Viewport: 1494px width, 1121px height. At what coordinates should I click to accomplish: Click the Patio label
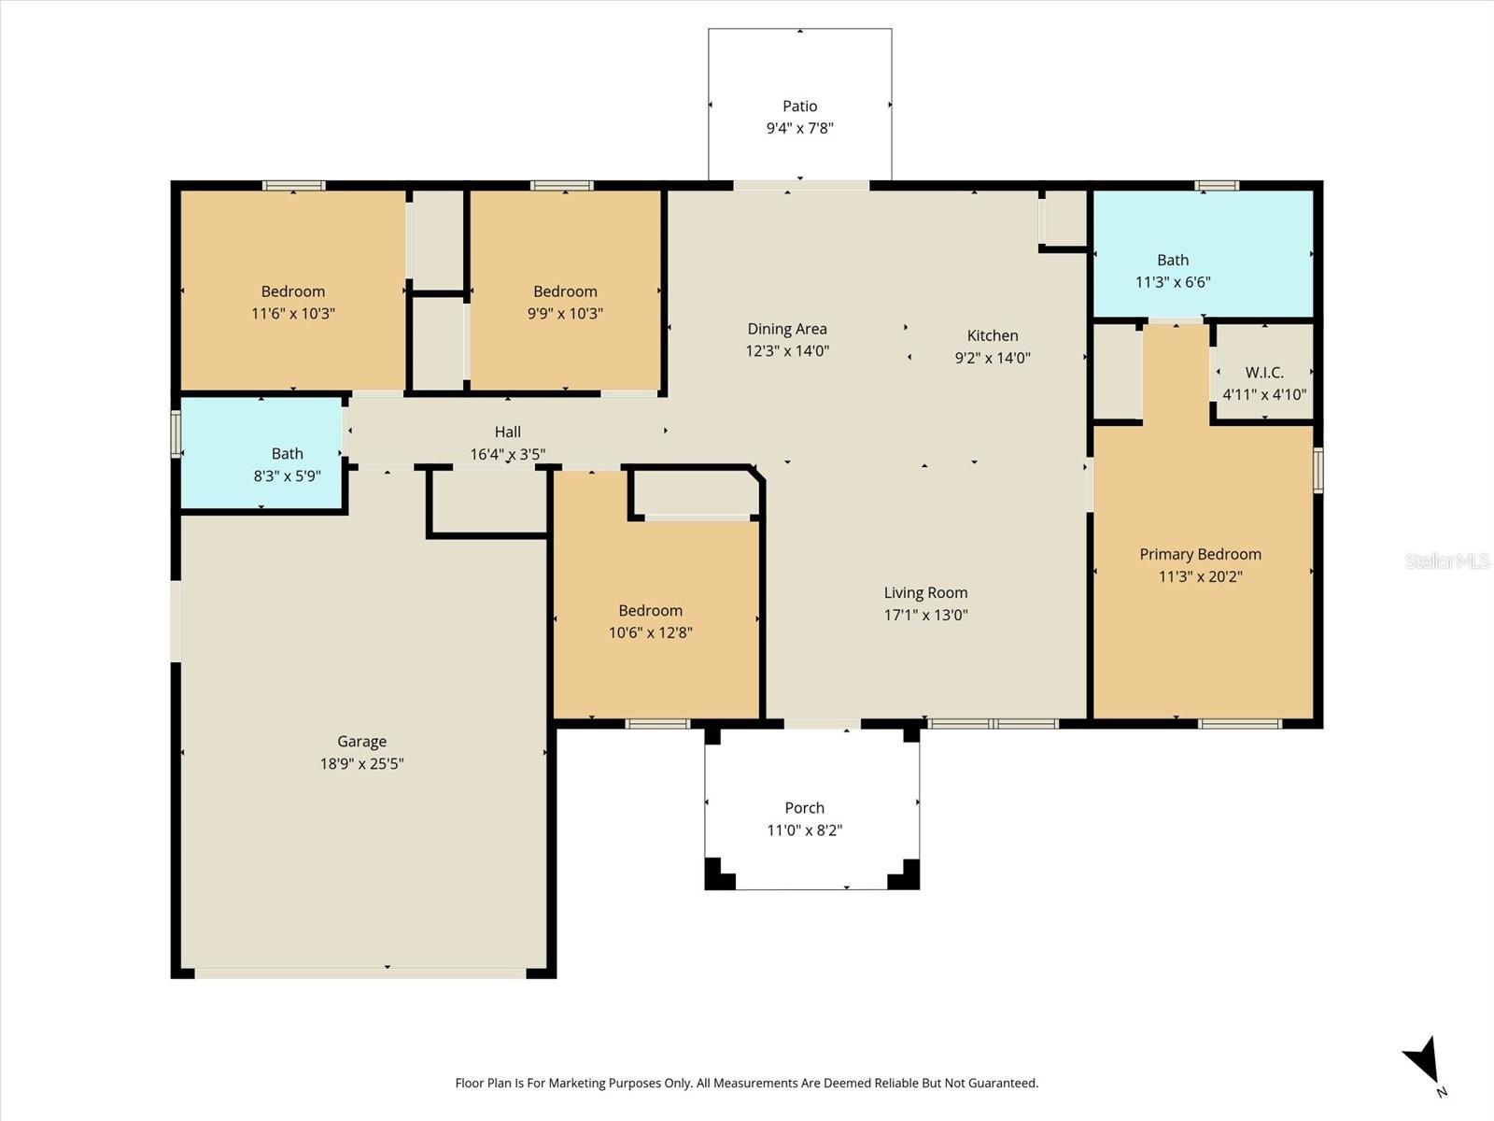coord(799,106)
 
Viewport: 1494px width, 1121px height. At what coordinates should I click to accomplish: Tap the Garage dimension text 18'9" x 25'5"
coord(362,763)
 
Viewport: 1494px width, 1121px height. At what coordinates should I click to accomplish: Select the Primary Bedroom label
coord(1201,555)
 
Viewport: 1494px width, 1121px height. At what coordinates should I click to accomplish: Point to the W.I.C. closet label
coord(1264,373)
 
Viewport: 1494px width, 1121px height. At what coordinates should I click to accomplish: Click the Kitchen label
coord(993,335)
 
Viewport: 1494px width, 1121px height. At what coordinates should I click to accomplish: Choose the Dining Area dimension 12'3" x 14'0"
coord(787,351)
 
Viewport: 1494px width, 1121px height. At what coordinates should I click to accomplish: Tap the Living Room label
coord(925,593)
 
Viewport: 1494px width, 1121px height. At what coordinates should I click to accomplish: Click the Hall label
coord(508,432)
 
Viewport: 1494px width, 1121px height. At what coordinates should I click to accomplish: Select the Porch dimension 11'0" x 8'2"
coord(805,830)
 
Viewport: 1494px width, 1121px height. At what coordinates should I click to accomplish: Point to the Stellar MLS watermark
coord(1447,560)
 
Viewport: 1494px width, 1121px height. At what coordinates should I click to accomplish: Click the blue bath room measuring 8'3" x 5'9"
coord(261,453)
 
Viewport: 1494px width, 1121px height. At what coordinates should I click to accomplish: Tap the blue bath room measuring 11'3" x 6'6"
coord(1204,253)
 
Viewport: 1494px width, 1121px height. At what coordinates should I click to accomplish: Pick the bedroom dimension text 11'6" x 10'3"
coord(293,314)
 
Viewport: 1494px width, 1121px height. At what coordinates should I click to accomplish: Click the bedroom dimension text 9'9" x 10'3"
coord(566,314)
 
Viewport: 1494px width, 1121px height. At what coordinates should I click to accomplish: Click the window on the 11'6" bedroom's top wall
coord(294,185)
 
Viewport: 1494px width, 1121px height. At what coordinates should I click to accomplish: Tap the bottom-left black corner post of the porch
coord(719,874)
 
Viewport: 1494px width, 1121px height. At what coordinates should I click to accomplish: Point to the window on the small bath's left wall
coord(176,433)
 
